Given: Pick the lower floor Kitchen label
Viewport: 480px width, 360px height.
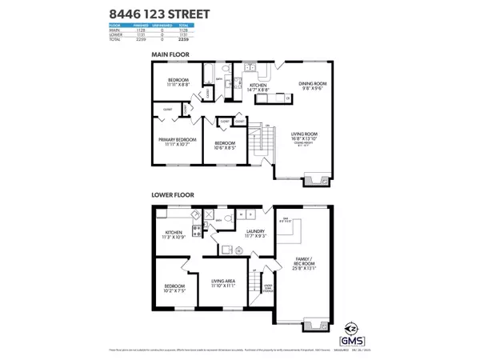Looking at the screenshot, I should pos(174,234).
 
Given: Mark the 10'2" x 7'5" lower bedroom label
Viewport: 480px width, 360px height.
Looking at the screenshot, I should pos(175,288).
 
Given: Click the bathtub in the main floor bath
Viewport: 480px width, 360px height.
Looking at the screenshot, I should pos(206,77).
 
